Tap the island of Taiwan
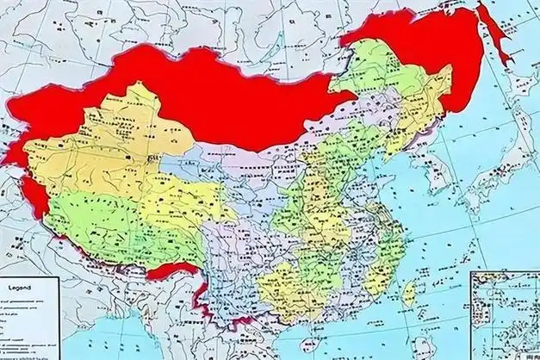pyautogui.click(x=410, y=293)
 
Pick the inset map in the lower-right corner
pyautogui.click(x=504, y=314)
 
